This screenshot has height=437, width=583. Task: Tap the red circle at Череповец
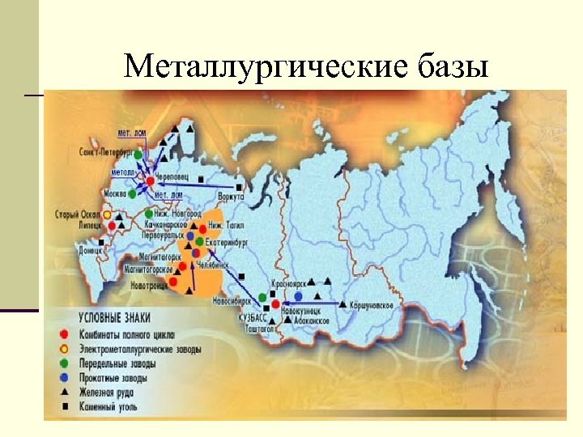150,181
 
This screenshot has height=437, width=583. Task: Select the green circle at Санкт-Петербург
138,153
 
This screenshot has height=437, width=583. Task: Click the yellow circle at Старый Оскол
109,216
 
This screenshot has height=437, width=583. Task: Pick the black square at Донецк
101,242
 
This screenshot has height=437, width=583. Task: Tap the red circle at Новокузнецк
276,304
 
